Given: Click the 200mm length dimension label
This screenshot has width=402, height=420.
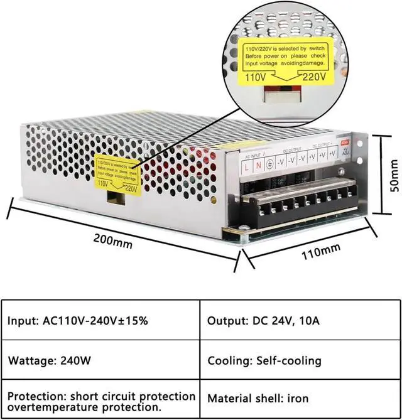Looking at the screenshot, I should (113, 239).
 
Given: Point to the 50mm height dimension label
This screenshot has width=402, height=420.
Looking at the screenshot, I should (393, 176).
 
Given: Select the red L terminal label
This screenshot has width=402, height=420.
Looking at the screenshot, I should (246, 166).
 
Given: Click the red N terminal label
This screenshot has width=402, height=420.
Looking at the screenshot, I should (258, 165).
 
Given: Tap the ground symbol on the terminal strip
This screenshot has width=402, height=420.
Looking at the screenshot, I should (269, 164).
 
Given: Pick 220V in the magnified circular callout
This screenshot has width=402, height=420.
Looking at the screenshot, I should (314, 77).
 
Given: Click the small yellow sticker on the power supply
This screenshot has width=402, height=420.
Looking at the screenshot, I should (116, 173).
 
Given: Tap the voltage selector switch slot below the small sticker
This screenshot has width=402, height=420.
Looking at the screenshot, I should (115, 197).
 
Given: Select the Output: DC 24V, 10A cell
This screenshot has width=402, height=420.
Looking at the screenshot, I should (263, 321).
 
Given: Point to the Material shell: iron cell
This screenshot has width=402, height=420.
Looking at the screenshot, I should (260, 397).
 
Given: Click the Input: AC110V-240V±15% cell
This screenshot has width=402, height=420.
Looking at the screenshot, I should (78, 321).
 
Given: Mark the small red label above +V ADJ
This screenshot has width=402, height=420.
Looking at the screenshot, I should (345, 142).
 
